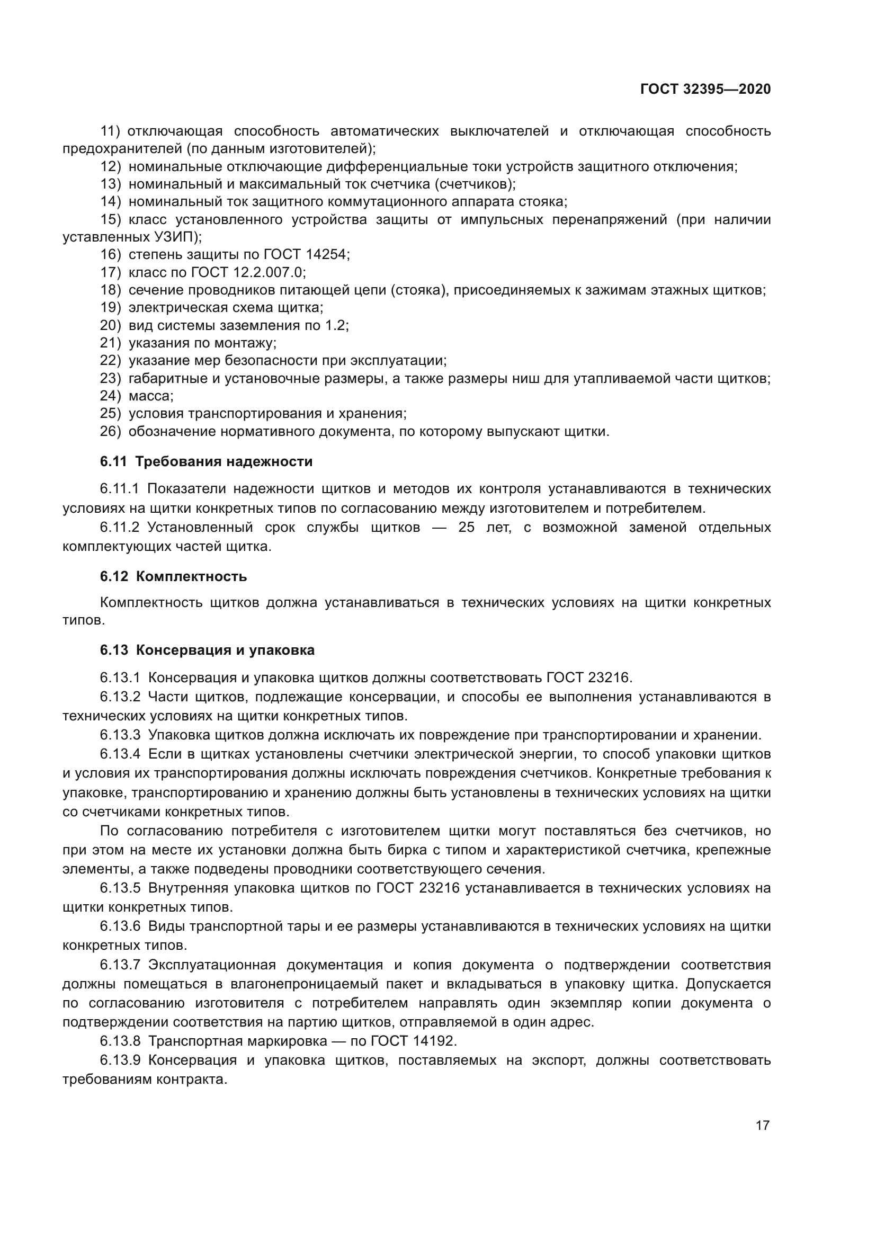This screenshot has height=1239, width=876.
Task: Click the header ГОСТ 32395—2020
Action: coord(705,89)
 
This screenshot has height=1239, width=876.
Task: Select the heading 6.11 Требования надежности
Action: coord(206,461)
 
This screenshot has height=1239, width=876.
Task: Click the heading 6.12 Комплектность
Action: coord(173,576)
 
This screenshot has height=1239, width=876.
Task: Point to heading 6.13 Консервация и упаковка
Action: coord(207,650)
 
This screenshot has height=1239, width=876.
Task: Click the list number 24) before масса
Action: coord(111,396)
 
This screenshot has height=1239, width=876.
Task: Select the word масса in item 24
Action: coord(151,396)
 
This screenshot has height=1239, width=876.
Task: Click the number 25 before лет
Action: coord(466,527)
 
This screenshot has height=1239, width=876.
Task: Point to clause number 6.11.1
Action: coord(119,488)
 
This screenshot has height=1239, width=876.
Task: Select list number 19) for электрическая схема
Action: coord(111,308)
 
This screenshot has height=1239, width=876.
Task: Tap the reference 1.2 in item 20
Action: coord(337,325)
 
